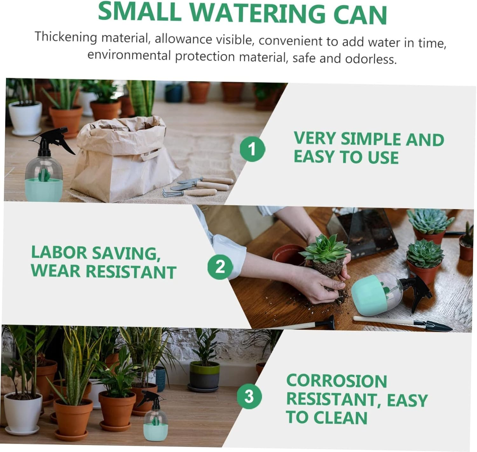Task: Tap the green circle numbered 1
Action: pos(252,149)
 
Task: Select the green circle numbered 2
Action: pos(220,266)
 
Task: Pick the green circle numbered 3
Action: pos(249,396)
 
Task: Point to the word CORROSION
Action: pos(336,381)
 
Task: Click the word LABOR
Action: pos(59,253)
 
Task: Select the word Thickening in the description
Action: pos(66,37)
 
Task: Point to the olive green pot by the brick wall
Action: pos(204,375)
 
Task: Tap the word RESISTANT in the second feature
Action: pos(131,272)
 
